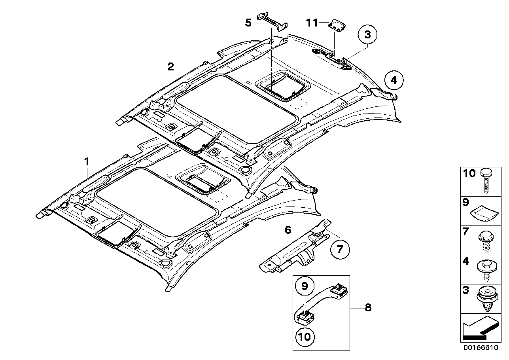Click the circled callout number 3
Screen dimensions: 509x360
[367, 35]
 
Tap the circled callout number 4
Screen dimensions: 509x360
[394, 80]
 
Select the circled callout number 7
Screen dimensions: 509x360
[340, 250]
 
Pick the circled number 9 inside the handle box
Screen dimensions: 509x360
[305, 286]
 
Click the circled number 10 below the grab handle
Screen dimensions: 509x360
[305, 337]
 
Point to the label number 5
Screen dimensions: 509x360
[248, 23]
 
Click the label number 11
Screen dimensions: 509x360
[312, 23]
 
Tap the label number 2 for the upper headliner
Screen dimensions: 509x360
[170, 66]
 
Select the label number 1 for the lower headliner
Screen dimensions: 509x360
[87, 162]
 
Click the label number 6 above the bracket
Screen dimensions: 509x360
[288, 230]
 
